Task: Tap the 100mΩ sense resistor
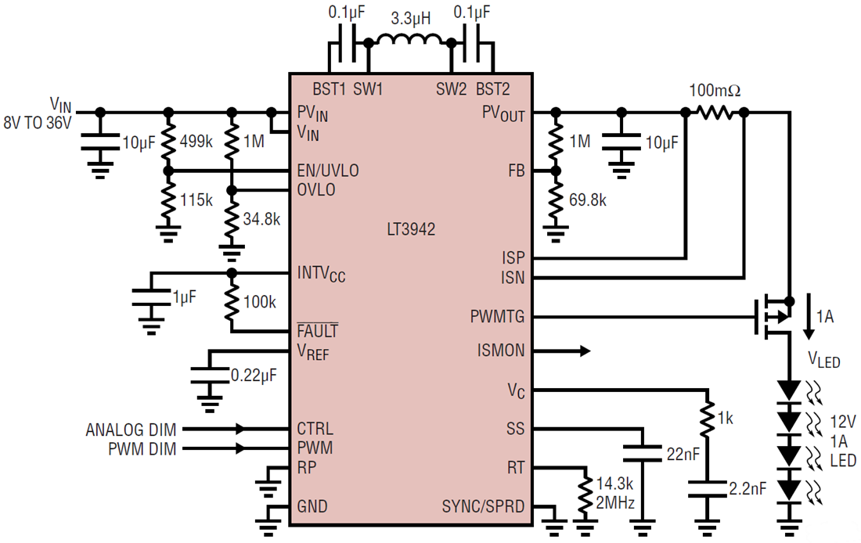click(715, 113)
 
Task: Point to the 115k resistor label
click(196, 200)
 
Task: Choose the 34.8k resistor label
click(261, 219)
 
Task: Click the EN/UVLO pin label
click(328, 170)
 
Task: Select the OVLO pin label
click(316, 190)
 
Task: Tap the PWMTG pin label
click(497, 317)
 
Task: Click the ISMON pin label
click(501, 351)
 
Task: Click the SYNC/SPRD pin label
click(483, 506)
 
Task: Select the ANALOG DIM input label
click(131, 429)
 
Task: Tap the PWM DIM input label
click(142, 448)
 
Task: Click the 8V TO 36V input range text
click(38, 123)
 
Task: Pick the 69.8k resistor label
click(588, 200)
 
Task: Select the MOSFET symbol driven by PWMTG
click(771, 317)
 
